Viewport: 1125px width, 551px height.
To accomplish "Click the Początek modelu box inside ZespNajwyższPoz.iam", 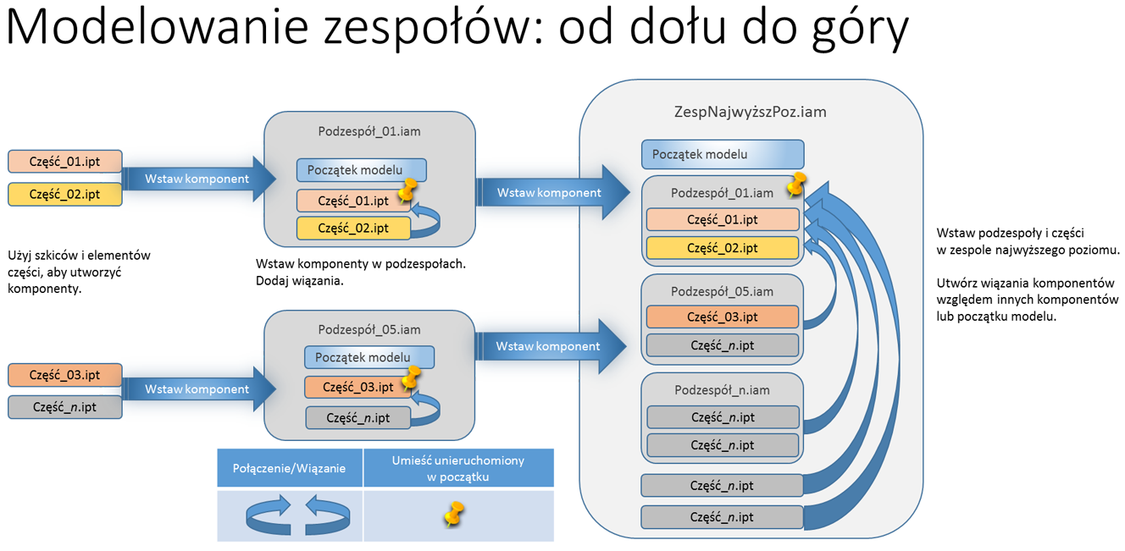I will pyautogui.click(x=723, y=155).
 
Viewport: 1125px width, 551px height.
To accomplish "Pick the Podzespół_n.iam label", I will pyautogui.click(x=722, y=390).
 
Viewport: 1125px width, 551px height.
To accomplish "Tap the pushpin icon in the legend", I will pyautogui.click(x=454, y=514).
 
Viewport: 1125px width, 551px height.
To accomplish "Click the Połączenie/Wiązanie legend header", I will pyautogui.click(x=289, y=468).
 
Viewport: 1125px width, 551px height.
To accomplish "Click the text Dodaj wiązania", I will pyautogui.click(x=299, y=281).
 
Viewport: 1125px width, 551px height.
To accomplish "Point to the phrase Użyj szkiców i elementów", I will pyautogui.click(x=79, y=255).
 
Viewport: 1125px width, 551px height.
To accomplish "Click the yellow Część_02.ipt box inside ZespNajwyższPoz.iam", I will pyautogui.click(x=723, y=248).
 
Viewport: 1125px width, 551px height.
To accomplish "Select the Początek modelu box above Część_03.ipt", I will pyautogui.click(x=369, y=357).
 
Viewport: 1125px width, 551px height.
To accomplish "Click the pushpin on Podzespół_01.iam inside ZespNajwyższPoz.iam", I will pyautogui.click(x=795, y=185).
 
